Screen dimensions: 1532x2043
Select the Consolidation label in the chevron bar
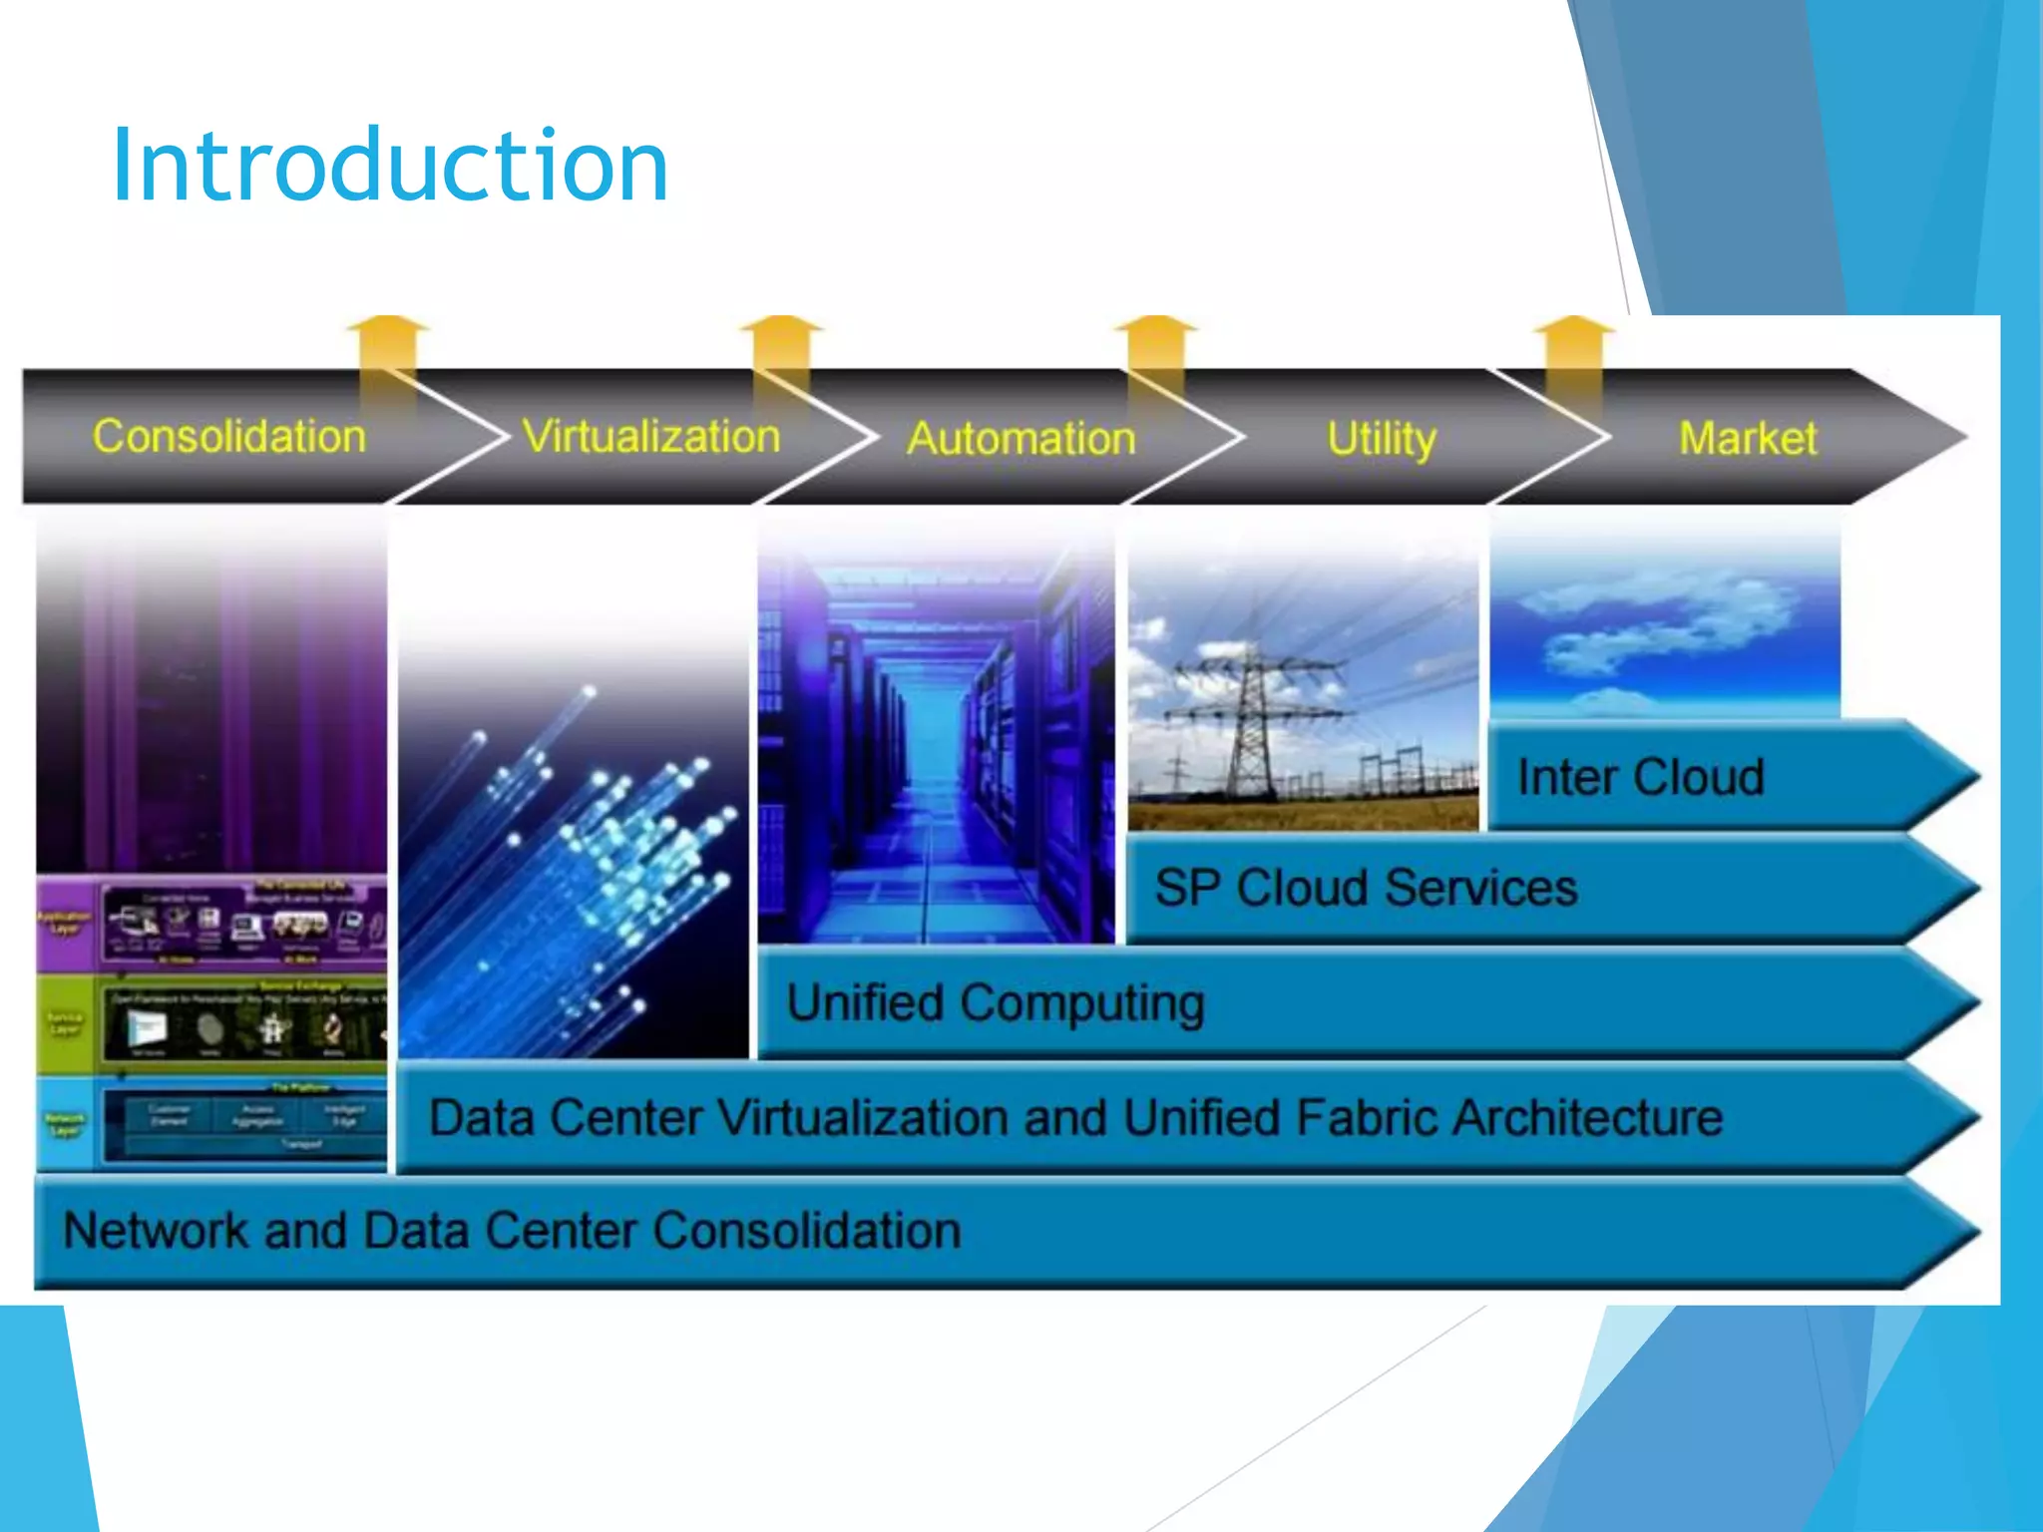click(229, 437)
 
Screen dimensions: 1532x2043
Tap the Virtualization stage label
click(650, 437)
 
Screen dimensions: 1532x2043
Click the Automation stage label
click(1021, 439)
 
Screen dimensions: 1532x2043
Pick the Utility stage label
click(1381, 439)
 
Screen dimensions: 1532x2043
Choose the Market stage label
click(1747, 439)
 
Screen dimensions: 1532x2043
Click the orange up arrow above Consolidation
click(388, 344)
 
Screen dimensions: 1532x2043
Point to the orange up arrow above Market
click(1572, 344)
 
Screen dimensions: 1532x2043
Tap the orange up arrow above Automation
click(1155, 344)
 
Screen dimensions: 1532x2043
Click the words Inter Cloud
click(1640, 777)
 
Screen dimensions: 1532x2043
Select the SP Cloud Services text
click(1365, 888)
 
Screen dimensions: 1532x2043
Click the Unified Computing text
click(995, 1002)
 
